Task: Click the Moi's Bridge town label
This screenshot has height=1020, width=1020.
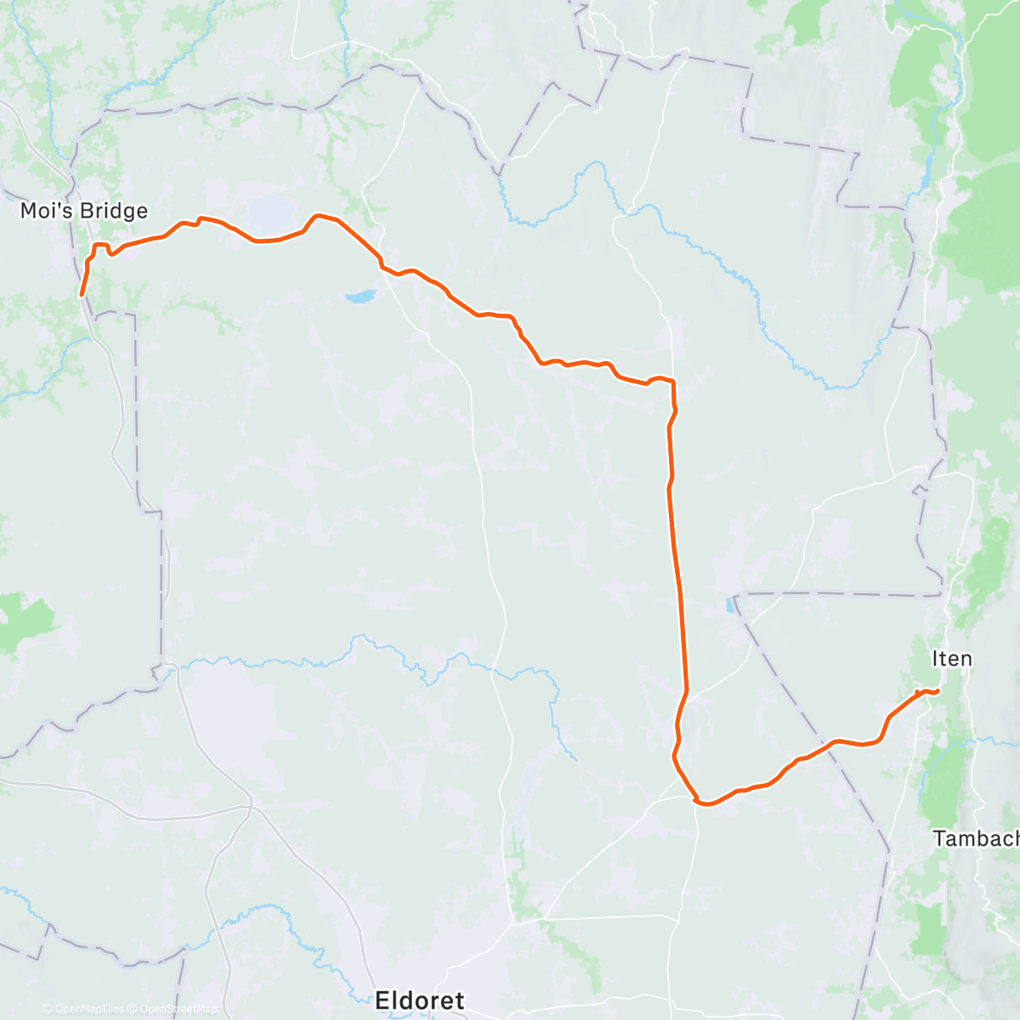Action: [x=84, y=211]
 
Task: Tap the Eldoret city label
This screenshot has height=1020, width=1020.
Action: [x=420, y=1000]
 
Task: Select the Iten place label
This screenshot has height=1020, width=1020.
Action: [x=952, y=659]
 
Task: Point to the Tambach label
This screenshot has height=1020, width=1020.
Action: [x=976, y=839]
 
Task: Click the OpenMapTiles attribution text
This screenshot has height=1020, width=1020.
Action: [x=89, y=1009]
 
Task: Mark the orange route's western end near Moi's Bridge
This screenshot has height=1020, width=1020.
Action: [x=82, y=295]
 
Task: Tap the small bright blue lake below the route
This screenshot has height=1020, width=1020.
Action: [x=360, y=297]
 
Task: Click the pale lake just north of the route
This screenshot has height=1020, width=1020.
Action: [x=267, y=209]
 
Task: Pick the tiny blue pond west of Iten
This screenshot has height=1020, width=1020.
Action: [x=729, y=606]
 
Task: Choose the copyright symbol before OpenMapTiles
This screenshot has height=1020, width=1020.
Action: [x=47, y=1009]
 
